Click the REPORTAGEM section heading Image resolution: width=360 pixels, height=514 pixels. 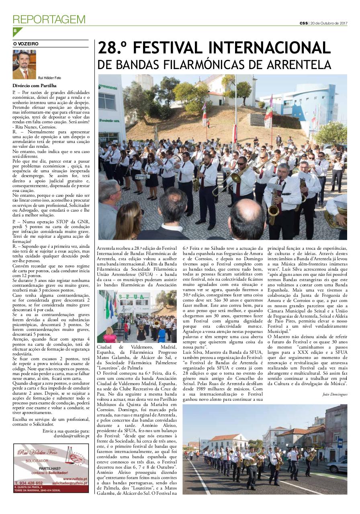49,19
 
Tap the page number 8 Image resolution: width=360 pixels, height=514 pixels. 15,31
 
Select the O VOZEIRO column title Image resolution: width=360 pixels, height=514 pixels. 26,44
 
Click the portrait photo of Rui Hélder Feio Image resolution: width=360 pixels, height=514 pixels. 24,64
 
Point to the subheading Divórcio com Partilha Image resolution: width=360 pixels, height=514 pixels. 34,86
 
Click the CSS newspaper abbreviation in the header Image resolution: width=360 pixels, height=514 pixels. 303,23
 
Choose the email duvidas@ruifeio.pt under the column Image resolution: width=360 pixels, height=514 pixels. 72,435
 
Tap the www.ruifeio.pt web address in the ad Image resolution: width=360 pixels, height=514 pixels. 76,479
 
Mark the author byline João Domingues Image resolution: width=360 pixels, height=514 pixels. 335,394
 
